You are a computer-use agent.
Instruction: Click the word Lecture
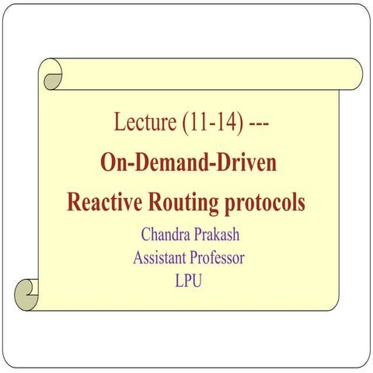(140, 123)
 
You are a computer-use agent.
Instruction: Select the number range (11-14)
(206, 123)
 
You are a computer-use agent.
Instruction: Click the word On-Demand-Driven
(189, 162)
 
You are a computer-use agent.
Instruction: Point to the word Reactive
(104, 202)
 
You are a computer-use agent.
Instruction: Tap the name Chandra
(166, 233)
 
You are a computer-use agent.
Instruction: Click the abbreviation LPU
(189, 280)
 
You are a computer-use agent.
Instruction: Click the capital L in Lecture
(119, 123)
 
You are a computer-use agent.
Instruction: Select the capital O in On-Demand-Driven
(108, 162)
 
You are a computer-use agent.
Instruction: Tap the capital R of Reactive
(74, 202)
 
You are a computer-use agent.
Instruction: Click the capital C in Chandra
(145, 233)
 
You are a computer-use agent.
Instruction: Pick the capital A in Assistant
(138, 256)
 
